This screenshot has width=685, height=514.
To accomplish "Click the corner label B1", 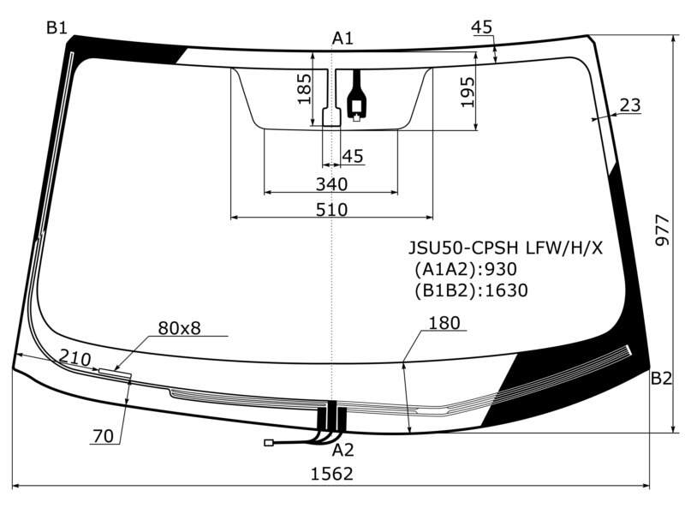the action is click(x=57, y=28).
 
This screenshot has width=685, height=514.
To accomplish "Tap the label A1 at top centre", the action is click(x=342, y=39).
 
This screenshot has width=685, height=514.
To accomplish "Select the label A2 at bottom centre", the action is click(x=342, y=450).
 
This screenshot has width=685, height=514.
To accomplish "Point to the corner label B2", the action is click(x=661, y=378).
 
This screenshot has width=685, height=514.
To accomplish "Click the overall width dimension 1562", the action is click(x=331, y=474).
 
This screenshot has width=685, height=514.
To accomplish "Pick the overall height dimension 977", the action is click(x=662, y=230).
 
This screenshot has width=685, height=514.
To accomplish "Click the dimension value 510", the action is click(x=331, y=210).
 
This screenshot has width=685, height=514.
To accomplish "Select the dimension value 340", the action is click(x=331, y=184).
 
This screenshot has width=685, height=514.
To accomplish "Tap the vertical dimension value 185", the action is click(x=305, y=89).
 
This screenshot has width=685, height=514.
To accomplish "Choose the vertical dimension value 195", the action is click(x=467, y=93).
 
